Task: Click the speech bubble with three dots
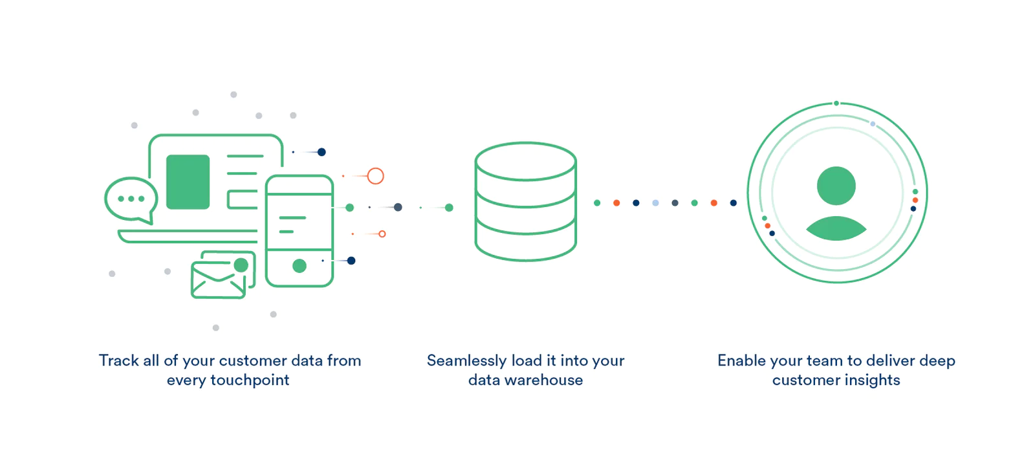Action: click(x=131, y=199)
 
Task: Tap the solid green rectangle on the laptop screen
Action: click(x=188, y=182)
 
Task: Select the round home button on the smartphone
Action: click(x=300, y=266)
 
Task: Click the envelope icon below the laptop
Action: click(x=218, y=280)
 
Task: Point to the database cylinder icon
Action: click(x=525, y=202)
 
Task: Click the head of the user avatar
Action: click(x=836, y=186)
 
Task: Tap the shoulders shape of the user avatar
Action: click(x=836, y=229)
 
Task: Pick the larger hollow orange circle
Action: click(x=376, y=176)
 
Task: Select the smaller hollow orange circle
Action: click(x=382, y=234)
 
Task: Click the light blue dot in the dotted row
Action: click(x=655, y=203)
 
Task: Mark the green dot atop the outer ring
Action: click(x=836, y=104)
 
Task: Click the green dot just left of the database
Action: click(x=449, y=208)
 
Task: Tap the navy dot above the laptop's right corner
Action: click(x=321, y=152)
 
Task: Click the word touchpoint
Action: click(x=250, y=380)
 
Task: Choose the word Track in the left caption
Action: click(x=118, y=361)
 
